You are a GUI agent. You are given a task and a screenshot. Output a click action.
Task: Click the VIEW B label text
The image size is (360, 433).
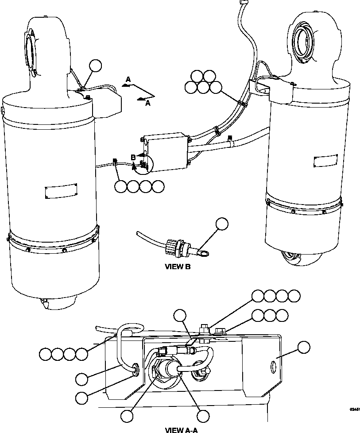coord(177,267)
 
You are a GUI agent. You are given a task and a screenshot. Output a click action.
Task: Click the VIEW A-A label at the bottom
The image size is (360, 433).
coord(181,429)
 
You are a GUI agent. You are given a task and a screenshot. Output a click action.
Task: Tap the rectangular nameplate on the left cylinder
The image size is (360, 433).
coord(61,191)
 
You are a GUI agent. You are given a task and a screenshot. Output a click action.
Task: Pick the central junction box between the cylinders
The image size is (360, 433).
coord(164,150)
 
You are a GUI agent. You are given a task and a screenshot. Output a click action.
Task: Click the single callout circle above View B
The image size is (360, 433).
coord(222,224)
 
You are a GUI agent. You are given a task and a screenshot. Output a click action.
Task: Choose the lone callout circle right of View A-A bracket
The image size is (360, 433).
coord(304,347)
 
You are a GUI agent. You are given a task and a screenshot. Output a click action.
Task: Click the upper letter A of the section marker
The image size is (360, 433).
coord(128,79)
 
